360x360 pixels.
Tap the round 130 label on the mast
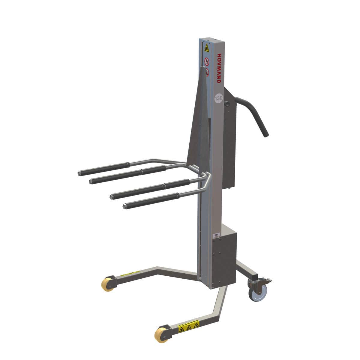point(219,98)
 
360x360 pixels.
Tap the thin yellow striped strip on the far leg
point(130,274)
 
